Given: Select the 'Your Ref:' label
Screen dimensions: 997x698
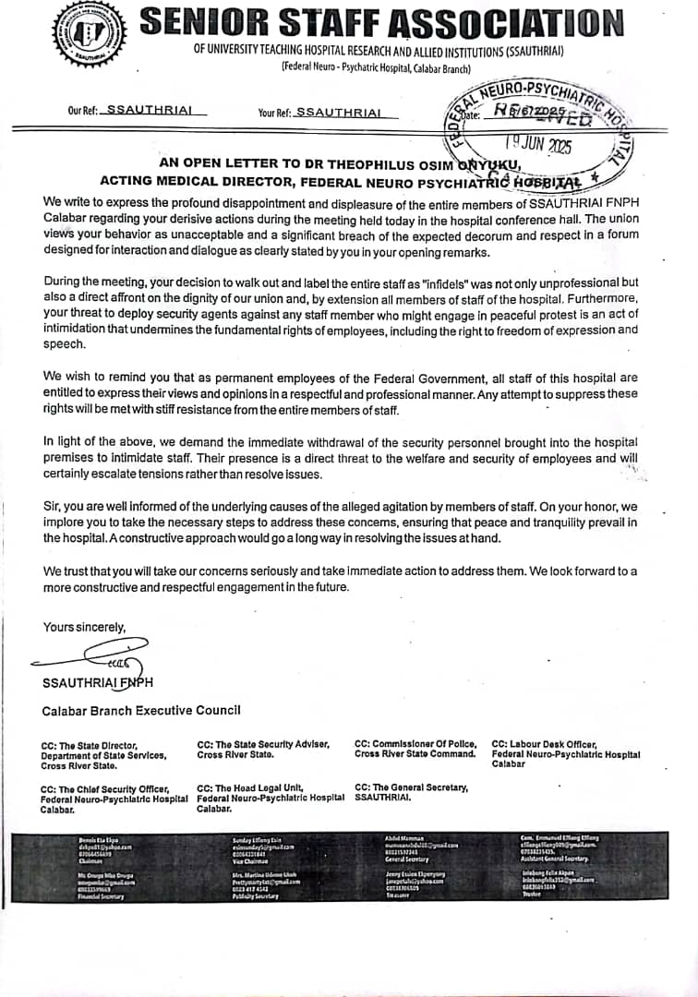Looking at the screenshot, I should pyautogui.click(x=274, y=113).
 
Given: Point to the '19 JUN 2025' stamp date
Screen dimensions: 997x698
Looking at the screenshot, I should pyautogui.click(x=539, y=146).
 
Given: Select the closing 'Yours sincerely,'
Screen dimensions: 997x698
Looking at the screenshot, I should pyautogui.click(x=84, y=627).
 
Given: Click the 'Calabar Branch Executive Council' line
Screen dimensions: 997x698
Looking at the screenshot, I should pyautogui.click(x=141, y=710).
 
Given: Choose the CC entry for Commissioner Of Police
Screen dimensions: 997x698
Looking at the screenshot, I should pyautogui.click(x=415, y=749).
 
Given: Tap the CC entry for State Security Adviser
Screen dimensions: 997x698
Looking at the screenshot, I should pyautogui.click(x=263, y=749).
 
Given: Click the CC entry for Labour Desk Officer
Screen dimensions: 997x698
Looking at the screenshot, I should pyautogui.click(x=565, y=753).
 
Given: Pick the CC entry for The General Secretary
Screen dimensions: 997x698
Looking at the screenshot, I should pyautogui.click(x=411, y=791).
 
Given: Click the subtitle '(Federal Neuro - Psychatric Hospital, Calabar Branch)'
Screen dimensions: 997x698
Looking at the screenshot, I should pyautogui.click(x=376, y=68).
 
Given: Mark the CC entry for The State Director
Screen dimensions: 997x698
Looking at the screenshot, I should pyautogui.click(x=103, y=755).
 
